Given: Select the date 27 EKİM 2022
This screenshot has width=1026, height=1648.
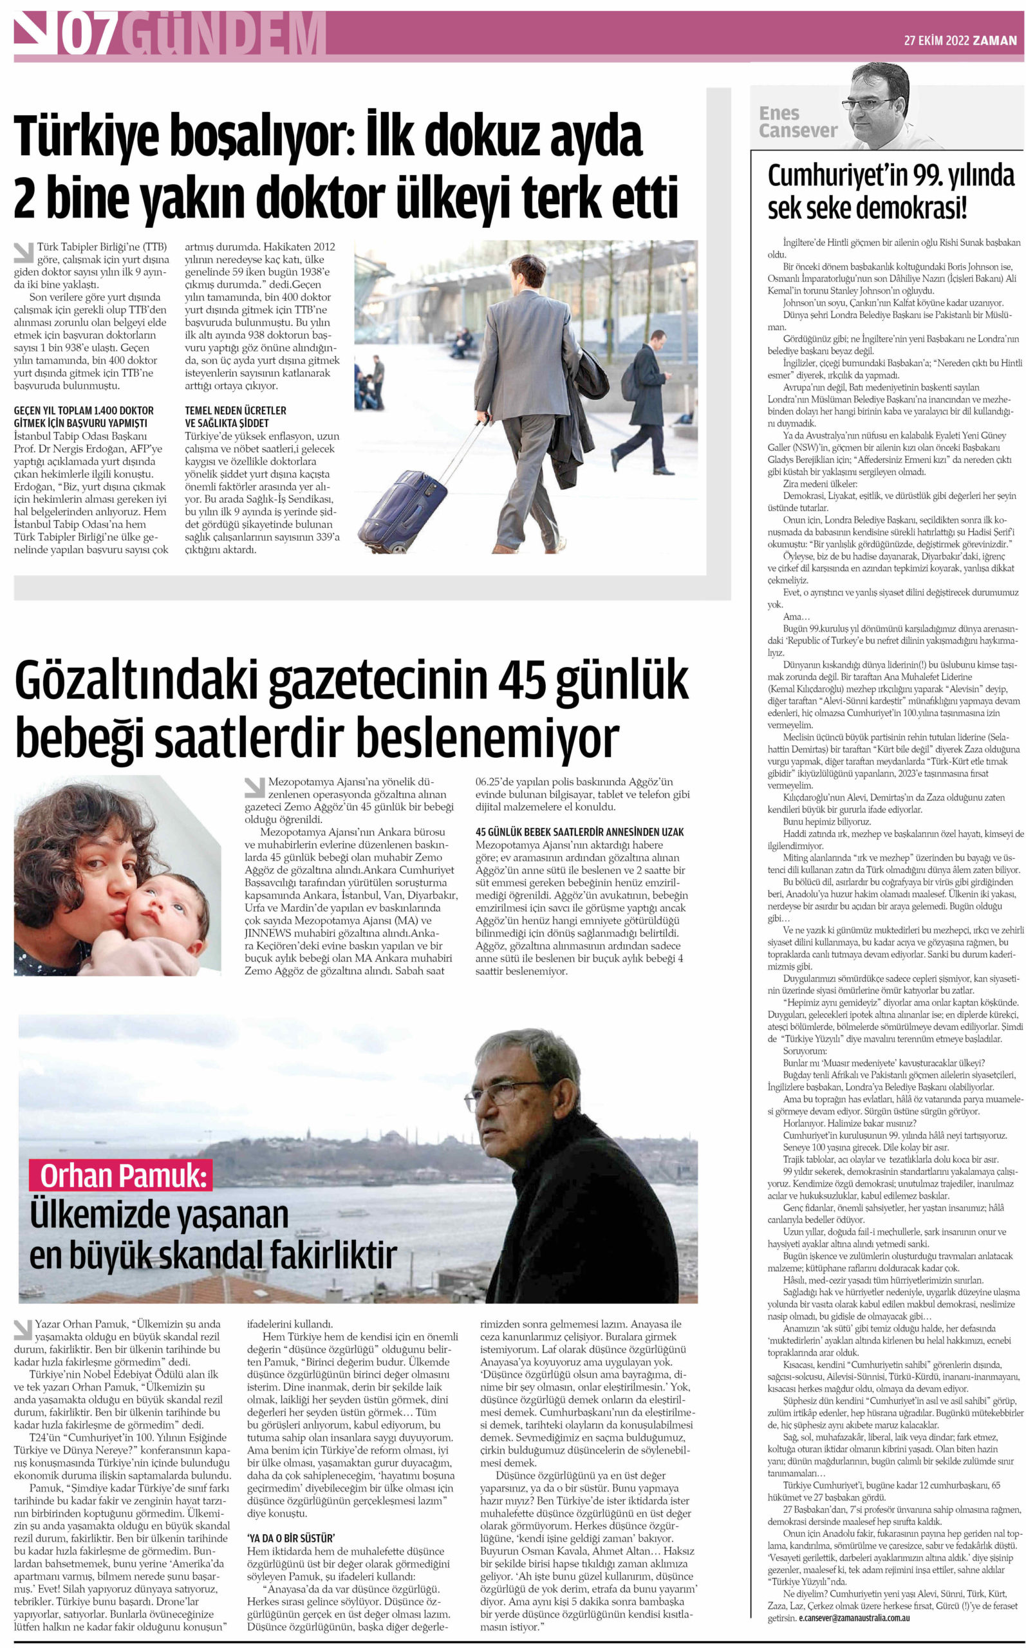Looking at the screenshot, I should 936,41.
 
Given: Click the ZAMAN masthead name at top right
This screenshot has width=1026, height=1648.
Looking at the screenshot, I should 995,41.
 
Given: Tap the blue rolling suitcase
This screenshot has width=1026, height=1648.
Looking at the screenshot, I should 402,503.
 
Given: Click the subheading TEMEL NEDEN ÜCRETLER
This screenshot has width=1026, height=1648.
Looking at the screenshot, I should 236,411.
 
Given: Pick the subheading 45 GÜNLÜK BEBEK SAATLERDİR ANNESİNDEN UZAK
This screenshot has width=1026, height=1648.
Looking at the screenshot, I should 579,832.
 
